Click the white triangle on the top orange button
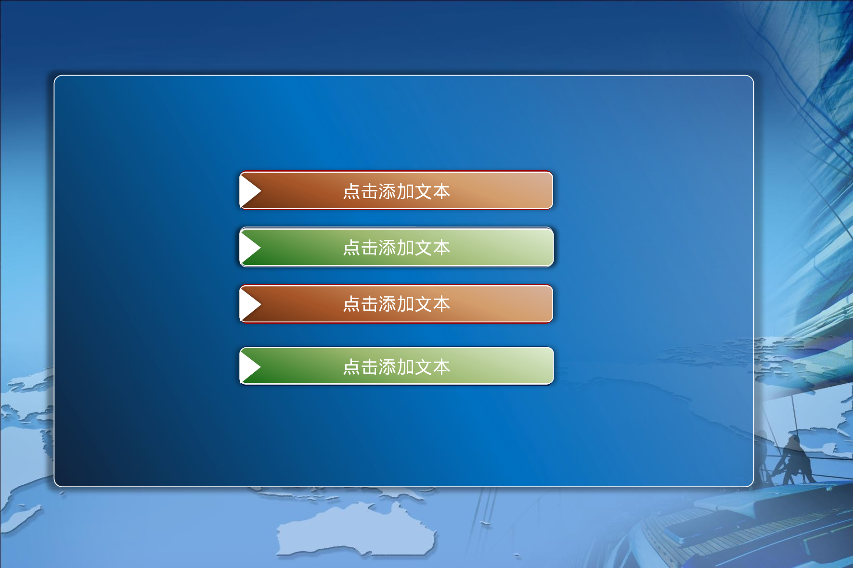[x=249, y=190]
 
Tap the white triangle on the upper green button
[x=249, y=247]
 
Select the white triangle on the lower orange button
[x=249, y=304]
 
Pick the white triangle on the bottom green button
[x=249, y=366]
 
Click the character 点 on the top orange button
[x=351, y=191]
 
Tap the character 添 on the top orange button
[x=388, y=191]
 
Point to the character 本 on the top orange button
[x=441, y=191]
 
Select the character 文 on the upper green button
[x=424, y=248]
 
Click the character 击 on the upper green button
[x=370, y=248]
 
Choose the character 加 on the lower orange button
[x=405, y=304]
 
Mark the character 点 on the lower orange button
[x=351, y=304]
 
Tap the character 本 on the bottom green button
[x=441, y=367]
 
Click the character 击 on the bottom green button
[x=370, y=367]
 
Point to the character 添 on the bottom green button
[x=388, y=367]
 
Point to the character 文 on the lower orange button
[x=424, y=304]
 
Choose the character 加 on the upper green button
[x=405, y=248]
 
